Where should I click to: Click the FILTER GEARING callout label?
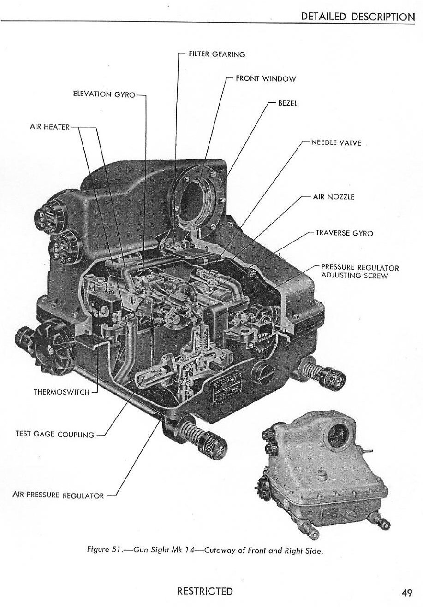pos(217,54)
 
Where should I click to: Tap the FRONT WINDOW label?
pos(266,79)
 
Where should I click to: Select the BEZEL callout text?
pos(287,103)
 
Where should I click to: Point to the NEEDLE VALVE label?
pos(336,143)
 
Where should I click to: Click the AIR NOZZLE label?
pos(334,197)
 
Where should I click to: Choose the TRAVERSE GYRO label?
pos(344,233)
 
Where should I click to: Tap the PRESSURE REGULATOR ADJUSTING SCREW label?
pos(360,271)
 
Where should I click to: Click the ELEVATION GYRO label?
pos(104,94)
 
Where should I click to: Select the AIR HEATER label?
pos(50,127)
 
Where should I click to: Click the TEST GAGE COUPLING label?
pos(55,434)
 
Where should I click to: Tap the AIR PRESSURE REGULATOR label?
pos(58,495)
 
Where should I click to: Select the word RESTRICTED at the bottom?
pos(205,591)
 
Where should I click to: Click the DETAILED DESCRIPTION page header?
pos(357,17)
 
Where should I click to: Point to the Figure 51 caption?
pos(204,550)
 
